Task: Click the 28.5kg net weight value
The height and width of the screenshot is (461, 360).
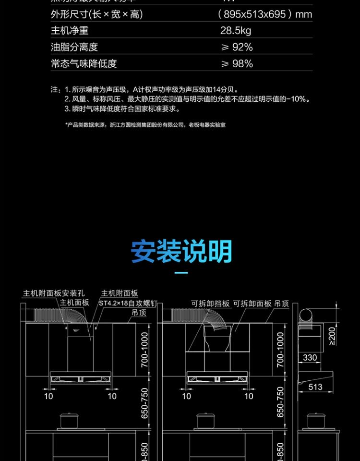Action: click(235, 31)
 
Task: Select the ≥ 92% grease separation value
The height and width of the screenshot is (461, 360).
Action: click(236, 47)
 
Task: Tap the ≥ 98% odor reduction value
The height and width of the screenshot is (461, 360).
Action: click(236, 63)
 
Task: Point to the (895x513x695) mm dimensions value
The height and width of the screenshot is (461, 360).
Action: click(264, 14)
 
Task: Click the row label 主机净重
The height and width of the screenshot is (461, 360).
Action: click(70, 31)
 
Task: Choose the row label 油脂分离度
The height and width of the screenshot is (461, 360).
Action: click(74, 47)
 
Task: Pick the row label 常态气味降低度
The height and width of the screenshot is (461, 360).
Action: click(84, 63)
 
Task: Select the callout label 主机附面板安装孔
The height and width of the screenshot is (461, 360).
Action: click(54, 293)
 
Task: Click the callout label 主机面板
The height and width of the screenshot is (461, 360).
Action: click(74, 303)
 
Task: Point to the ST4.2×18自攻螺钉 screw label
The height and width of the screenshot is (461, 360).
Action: click(128, 303)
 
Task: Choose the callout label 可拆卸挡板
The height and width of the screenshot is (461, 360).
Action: click(210, 303)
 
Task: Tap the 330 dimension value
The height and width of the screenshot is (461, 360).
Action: click(310, 357)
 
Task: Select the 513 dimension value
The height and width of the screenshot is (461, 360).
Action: click(315, 387)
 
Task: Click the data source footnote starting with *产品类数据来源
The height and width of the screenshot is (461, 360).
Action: click(145, 125)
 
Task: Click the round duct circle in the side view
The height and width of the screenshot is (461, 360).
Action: click(306, 315)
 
